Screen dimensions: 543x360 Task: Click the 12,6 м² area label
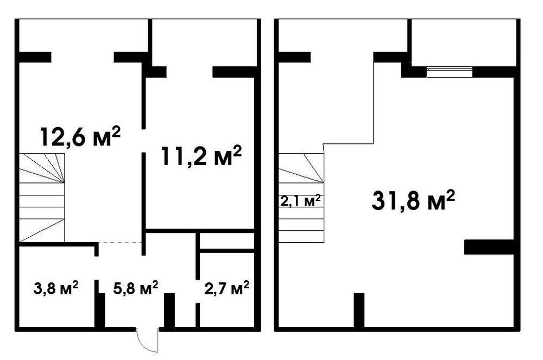[80, 137]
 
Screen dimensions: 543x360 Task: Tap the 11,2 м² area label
[201, 156]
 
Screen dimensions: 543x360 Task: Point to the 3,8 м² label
[56, 287]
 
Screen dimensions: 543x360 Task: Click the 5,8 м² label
[136, 287]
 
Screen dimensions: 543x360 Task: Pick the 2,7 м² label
[227, 287]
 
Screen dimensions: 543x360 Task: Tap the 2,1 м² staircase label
[300, 200]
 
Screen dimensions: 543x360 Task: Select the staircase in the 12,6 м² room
[42, 198]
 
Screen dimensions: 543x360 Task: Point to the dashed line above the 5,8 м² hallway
[120, 243]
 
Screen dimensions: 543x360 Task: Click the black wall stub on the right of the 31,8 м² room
[489, 247]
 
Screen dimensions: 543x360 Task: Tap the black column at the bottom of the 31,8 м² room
[359, 310]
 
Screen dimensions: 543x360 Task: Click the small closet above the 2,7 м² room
[227, 240]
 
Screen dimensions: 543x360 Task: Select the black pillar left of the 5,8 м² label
[100, 310]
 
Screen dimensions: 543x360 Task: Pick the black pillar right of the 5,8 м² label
[169, 310]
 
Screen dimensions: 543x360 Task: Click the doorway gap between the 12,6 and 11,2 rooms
[144, 141]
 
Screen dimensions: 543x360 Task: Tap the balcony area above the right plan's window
[464, 41]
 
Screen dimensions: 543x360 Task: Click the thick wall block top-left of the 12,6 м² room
[35, 57]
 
